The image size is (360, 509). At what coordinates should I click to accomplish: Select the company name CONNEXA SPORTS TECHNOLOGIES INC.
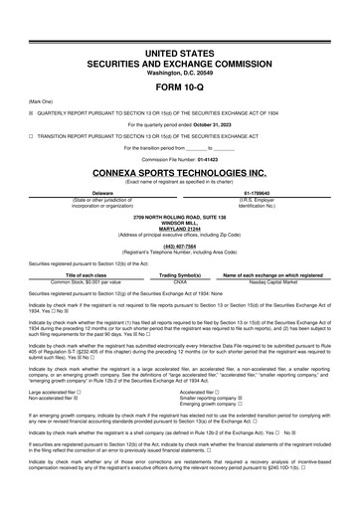tap(180, 171)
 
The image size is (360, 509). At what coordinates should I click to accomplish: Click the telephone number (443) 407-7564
tap(180, 244)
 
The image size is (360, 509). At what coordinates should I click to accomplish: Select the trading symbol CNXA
tap(180, 281)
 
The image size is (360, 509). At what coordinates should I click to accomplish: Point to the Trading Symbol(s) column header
tap(180, 274)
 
